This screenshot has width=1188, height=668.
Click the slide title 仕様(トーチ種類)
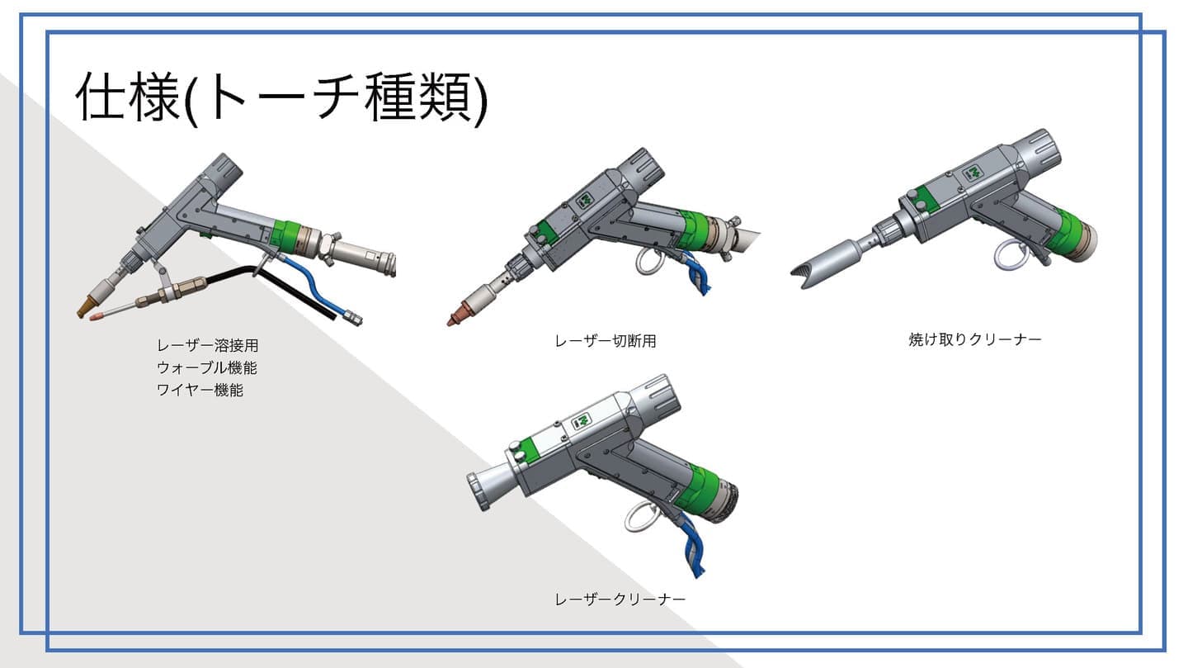tap(281, 99)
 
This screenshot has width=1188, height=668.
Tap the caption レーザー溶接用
tap(207, 346)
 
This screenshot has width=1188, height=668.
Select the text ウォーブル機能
tap(207, 368)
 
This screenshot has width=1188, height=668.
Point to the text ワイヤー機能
tap(200, 391)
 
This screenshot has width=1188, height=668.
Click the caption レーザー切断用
tap(606, 341)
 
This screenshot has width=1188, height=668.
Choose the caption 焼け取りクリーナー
tap(975, 339)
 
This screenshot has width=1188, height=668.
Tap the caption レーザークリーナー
tap(620, 599)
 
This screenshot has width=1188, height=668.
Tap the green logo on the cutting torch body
tap(584, 200)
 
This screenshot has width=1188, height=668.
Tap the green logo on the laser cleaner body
tap(582, 422)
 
